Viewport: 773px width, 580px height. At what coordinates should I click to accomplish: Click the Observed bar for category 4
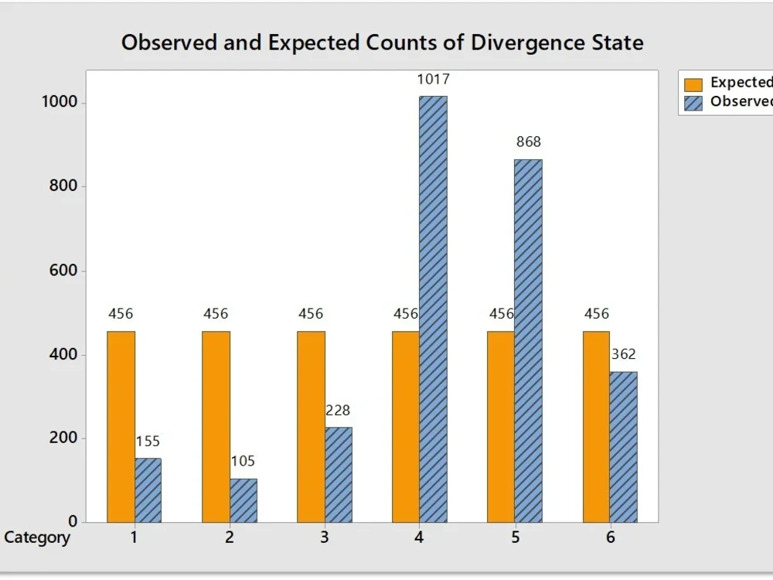[x=433, y=309]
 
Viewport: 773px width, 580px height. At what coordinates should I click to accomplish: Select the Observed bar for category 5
[x=528, y=340]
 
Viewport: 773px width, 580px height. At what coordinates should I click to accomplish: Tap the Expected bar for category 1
[x=121, y=426]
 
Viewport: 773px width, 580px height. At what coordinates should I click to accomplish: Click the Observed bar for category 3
[x=339, y=474]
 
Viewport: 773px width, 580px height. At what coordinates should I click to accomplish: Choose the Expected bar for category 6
[x=596, y=426]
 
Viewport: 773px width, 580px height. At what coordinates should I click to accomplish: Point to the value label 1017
[x=434, y=79]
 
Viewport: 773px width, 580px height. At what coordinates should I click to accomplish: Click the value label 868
[x=529, y=142]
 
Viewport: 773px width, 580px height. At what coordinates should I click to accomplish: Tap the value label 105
[x=243, y=462]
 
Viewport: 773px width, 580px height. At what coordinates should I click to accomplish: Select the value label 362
[x=623, y=354]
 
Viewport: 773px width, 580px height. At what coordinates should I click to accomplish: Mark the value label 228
[x=338, y=411]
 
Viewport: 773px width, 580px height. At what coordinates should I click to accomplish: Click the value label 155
[x=148, y=442]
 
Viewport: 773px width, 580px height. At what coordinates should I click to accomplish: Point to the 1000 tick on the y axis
[x=59, y=102]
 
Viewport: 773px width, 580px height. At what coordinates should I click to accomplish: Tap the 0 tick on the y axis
[x=72, y=522]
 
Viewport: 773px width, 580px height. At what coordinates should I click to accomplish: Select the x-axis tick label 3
[x=325, y=537]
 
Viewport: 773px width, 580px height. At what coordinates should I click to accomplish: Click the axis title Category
[x=37, y=537]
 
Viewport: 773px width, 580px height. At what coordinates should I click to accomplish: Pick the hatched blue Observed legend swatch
[x=693, y=103]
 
